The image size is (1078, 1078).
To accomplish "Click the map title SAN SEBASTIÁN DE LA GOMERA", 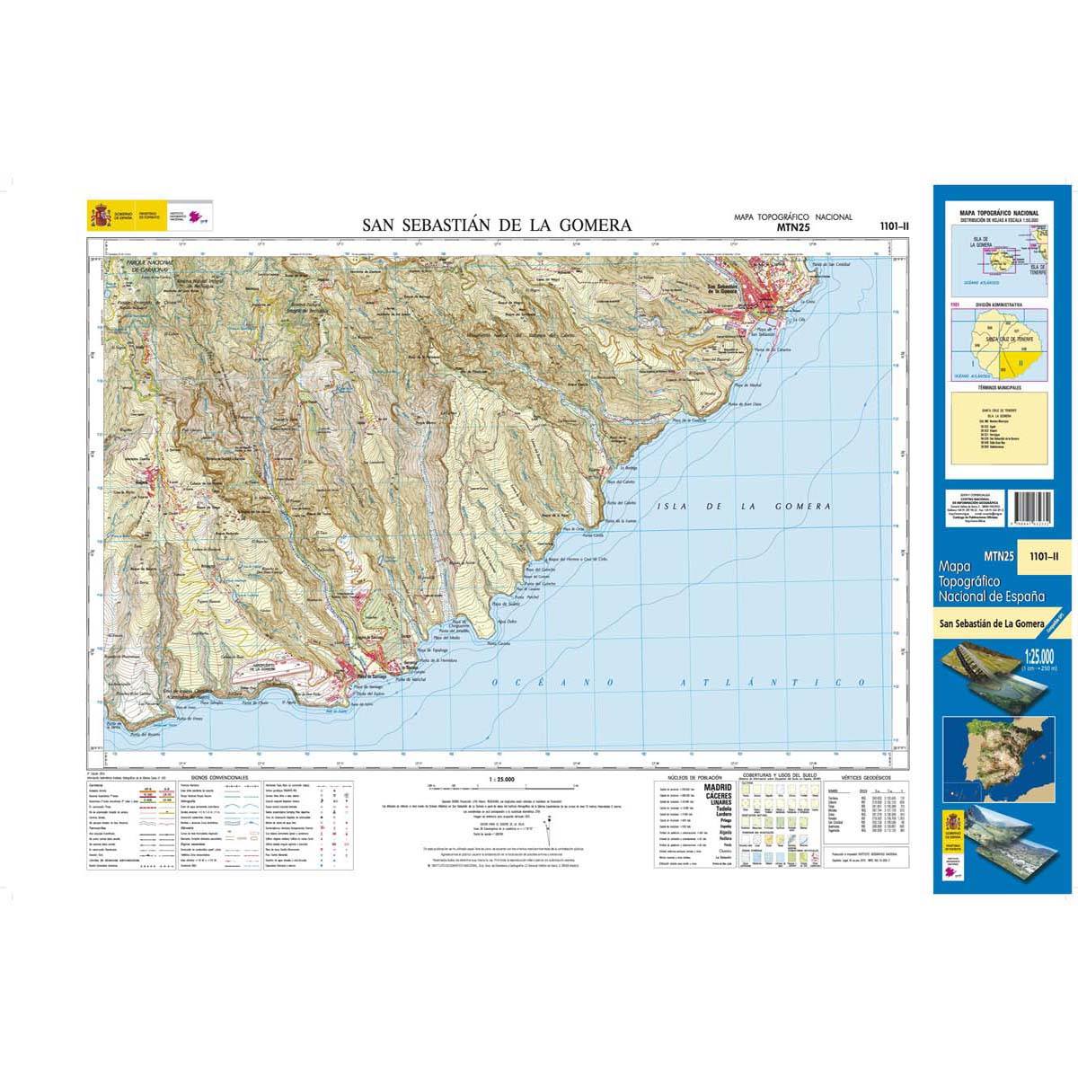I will click(x=497, y=225).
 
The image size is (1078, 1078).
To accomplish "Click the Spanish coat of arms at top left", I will click(x=99, y=216).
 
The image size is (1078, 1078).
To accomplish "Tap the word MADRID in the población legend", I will click(x=715, y=786).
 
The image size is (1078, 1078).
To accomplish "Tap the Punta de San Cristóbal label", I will click(x=830, y=265).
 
